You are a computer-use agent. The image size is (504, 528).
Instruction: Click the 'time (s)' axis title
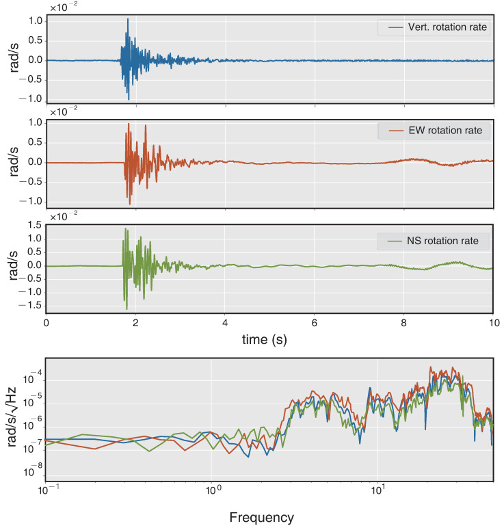pyautogui.click(x=269, y=339)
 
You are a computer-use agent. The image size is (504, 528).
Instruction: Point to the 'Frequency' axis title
pyautogui.click(x=261, y=517)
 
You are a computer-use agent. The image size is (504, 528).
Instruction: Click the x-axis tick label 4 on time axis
pyautogui.click(x=225, y=323)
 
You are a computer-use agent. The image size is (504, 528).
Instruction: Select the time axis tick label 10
pyautogui.click(x=492, y=323)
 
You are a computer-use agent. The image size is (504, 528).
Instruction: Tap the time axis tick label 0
pyautogui.click(x=46, y=323)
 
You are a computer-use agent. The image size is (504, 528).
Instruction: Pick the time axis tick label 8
pyautogui.click(x=403, y=323)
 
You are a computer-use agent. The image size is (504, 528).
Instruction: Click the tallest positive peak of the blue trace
pyautogui.click(x=127, y=19)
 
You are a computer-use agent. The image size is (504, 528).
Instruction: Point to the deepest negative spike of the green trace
pyautogui.click(x=126, y=308)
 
